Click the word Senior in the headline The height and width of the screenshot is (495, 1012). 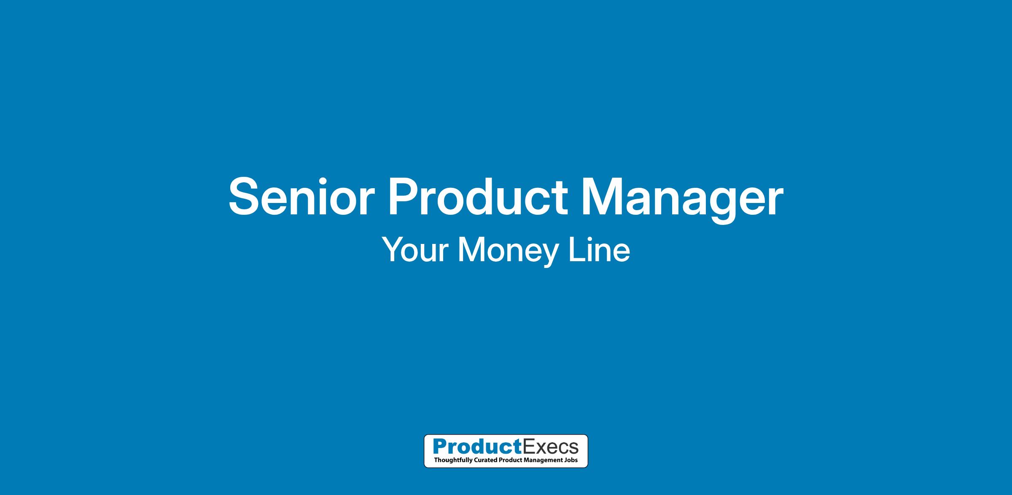point(301,197)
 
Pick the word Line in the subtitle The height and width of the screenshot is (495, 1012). point(599,250)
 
